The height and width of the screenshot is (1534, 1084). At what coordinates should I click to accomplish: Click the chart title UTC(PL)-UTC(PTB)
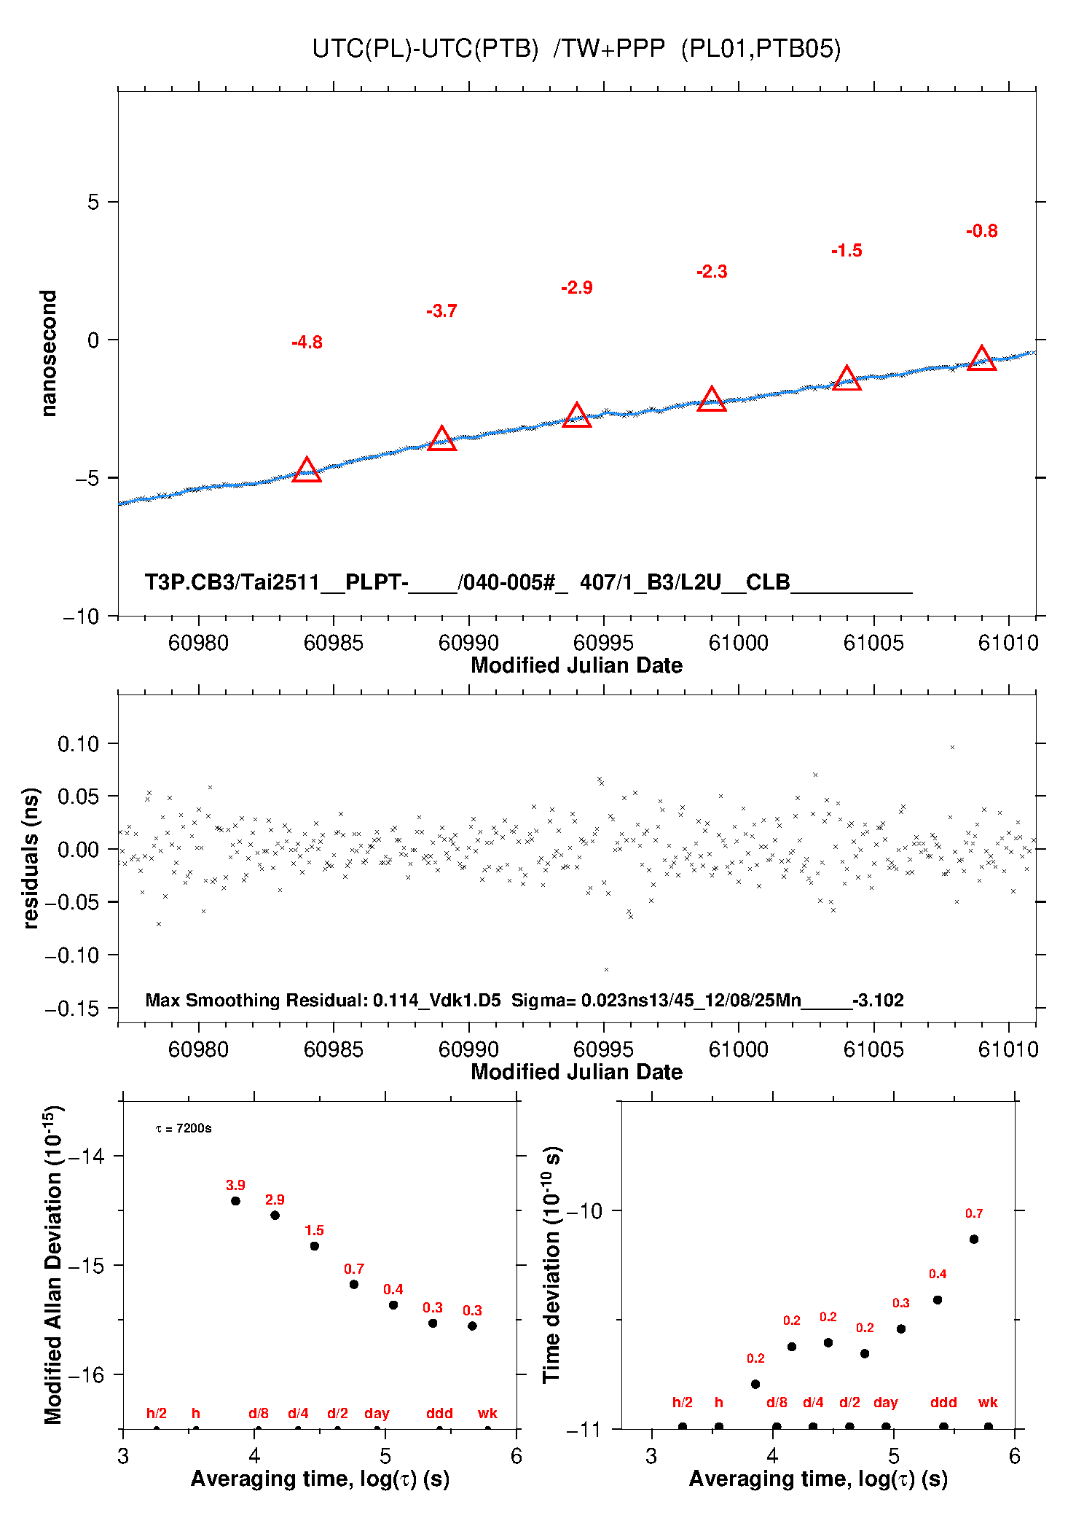click(x=425, y=49)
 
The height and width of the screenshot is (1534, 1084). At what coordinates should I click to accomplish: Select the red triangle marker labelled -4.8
click(x=307, y=470)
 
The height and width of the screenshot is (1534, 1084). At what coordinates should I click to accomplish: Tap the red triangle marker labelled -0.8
click(x=982, y=358)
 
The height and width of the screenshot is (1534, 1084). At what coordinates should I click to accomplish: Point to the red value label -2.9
click(x=577, y=288)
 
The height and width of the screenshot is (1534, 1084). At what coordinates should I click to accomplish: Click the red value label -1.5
click(x=847, y=251)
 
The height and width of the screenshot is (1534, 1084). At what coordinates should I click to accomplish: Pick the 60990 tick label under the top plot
click(x=468, y=643)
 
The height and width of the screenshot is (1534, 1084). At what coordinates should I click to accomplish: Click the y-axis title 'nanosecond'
click(x=48, y=353)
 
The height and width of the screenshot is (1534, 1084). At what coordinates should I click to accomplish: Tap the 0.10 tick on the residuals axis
click(x=78, y=744)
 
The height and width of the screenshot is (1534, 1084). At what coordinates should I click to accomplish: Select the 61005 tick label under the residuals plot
click(x=873, y=1049)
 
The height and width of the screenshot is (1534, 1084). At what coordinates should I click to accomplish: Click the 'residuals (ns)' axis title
click(x=31, y=858)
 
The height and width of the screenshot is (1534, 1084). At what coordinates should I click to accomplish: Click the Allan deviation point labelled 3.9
click(x=235, y=1201)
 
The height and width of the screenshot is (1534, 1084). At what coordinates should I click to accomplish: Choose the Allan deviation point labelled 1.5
click(x=314, y=1246)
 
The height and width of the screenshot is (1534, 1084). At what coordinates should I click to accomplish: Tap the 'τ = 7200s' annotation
click(x=184, y=1129)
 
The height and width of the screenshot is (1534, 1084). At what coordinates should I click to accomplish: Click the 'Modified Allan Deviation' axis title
click(x=53, y=1264)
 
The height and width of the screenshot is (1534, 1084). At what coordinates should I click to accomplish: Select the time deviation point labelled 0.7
click(x=974, y=1239)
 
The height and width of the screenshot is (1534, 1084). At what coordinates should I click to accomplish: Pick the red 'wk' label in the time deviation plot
click(x=988, y=1402)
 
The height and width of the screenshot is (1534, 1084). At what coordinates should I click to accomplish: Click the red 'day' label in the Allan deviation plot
click(x=377, y=1413)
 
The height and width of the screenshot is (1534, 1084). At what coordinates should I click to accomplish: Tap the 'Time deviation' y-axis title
click(x=551, y=1264)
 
